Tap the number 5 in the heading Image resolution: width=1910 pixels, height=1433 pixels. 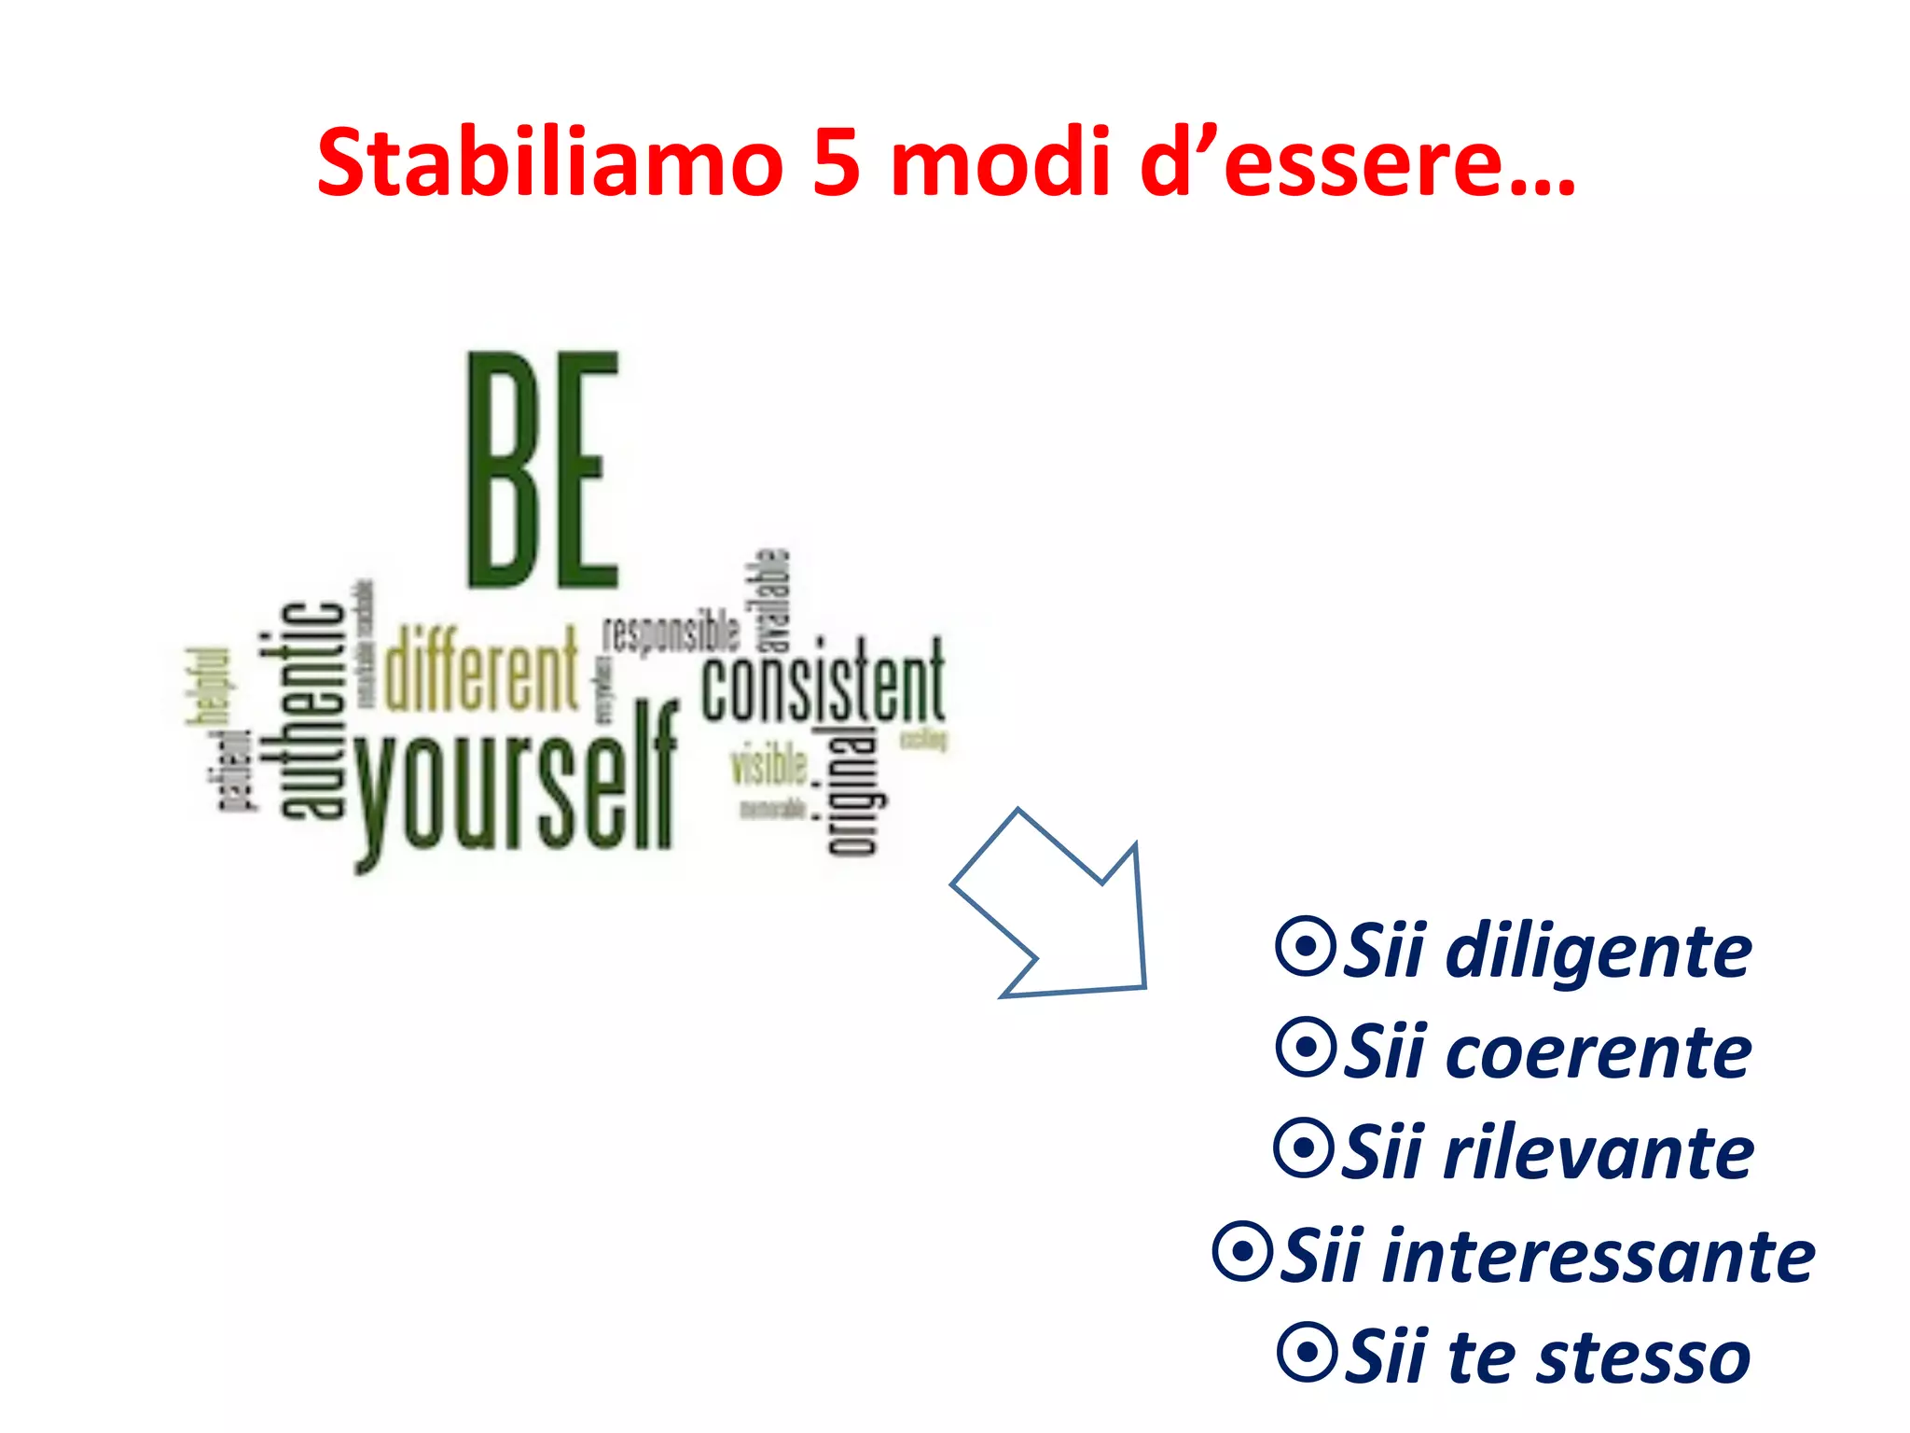tap(836, 163)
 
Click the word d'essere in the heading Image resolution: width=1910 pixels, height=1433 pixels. tap(1358, 163)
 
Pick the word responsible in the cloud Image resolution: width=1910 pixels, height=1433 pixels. tap(671, 634)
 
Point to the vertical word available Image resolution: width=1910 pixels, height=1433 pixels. tap(773, 600)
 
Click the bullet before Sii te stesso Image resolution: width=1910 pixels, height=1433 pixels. tap(1308, 1352)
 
